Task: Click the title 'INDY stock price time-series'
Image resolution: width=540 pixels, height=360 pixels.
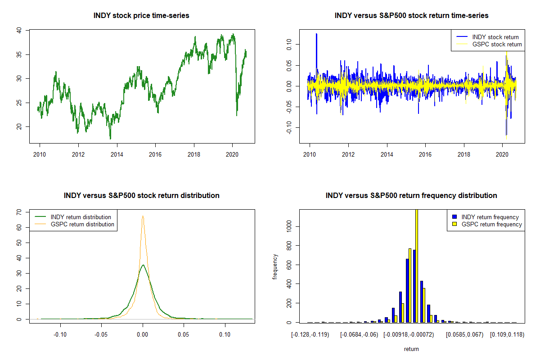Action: (x=141, y=16)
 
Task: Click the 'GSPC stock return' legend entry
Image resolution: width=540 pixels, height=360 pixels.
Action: (x=497, y=45)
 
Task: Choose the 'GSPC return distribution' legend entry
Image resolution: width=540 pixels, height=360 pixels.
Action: (x=82, y=225)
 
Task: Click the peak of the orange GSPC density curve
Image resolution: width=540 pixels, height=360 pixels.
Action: (x=143, y=216)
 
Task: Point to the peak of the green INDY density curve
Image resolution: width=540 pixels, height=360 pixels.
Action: (x=143, y=265)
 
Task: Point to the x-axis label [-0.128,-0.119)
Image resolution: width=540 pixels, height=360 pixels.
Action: (x=310, y=335)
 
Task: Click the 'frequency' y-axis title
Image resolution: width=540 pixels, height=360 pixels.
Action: (x=275, y=267)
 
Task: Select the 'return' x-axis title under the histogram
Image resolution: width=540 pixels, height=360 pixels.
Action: (x=411, y=349)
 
